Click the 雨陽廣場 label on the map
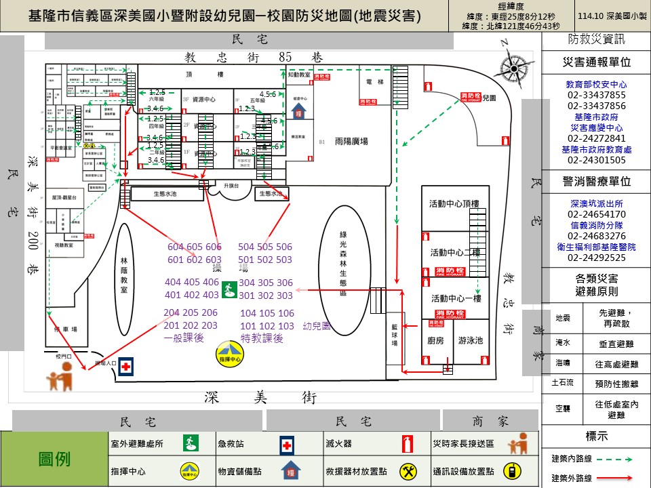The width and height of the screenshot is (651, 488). point(351,142)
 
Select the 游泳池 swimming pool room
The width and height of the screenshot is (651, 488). point(471,340)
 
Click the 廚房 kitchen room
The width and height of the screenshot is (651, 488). point(435,340)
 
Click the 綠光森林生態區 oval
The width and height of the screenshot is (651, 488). point(343,264)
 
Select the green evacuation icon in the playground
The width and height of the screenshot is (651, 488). point(229,289)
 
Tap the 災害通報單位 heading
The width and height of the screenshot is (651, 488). point(596,62)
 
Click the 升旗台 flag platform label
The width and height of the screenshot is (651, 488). point(232,185)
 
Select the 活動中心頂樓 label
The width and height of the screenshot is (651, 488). point(454,204)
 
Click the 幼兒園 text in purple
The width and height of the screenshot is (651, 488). point(317,326)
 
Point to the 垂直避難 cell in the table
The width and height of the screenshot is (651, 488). point(616,344)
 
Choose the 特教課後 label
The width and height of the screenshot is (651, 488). point(262,338)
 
